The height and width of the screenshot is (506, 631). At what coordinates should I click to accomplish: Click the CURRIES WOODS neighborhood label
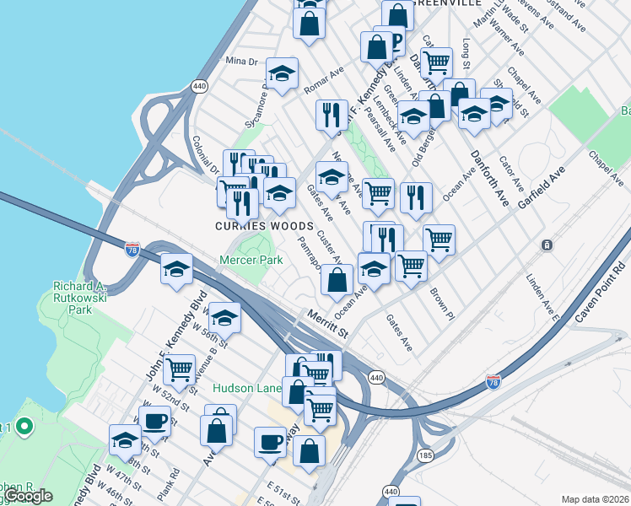point(252,226)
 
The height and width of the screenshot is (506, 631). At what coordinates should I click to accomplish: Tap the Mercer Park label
point(251,261)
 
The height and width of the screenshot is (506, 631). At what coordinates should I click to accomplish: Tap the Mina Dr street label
point(240,61)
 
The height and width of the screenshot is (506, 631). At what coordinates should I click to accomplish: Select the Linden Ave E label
point(537,292)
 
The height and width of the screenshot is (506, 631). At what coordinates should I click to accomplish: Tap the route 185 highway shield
point(423,457)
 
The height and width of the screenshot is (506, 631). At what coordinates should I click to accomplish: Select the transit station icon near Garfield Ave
point(547,245)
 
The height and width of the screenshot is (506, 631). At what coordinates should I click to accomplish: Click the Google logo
point(28,496)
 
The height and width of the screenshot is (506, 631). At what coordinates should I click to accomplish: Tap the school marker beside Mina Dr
point(282,73)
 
